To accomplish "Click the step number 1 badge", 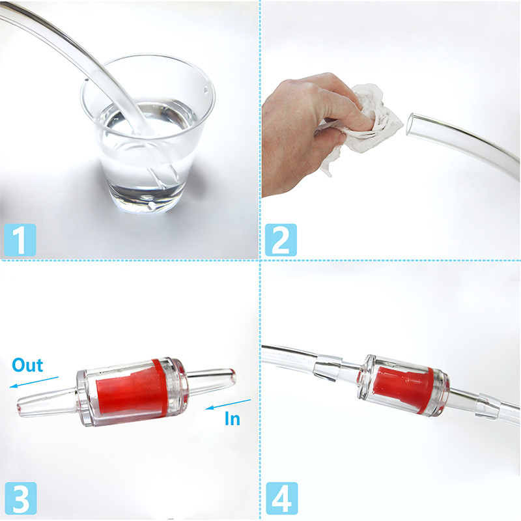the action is [20, 240].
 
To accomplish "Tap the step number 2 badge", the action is [281, 240].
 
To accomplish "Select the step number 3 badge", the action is [21, 498].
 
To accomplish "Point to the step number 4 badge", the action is [282, 498].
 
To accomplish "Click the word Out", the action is [27, 365].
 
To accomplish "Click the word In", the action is [232, 418].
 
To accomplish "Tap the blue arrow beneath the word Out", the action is [35, 382].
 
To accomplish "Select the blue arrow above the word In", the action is [229, 404].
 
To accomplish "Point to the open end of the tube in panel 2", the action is [411, 124].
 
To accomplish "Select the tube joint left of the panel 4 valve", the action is [328, 367].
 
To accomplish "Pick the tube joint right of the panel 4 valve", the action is [488, 406].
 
